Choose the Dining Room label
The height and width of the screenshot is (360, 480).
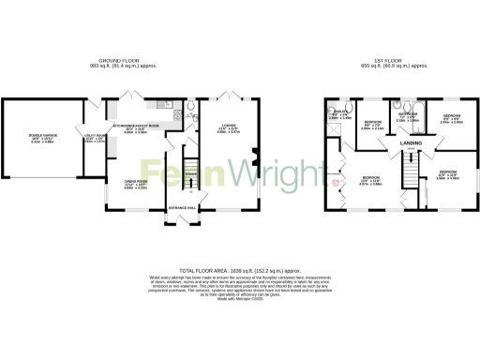pos(136,184)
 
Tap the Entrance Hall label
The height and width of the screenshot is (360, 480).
pos(182,206)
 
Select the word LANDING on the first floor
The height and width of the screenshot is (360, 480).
pos(411,144)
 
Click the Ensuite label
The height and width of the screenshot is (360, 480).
pos(339,113)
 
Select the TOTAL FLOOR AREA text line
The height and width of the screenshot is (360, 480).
pos(240,267)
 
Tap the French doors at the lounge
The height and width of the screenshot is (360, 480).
pos(228,95)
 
